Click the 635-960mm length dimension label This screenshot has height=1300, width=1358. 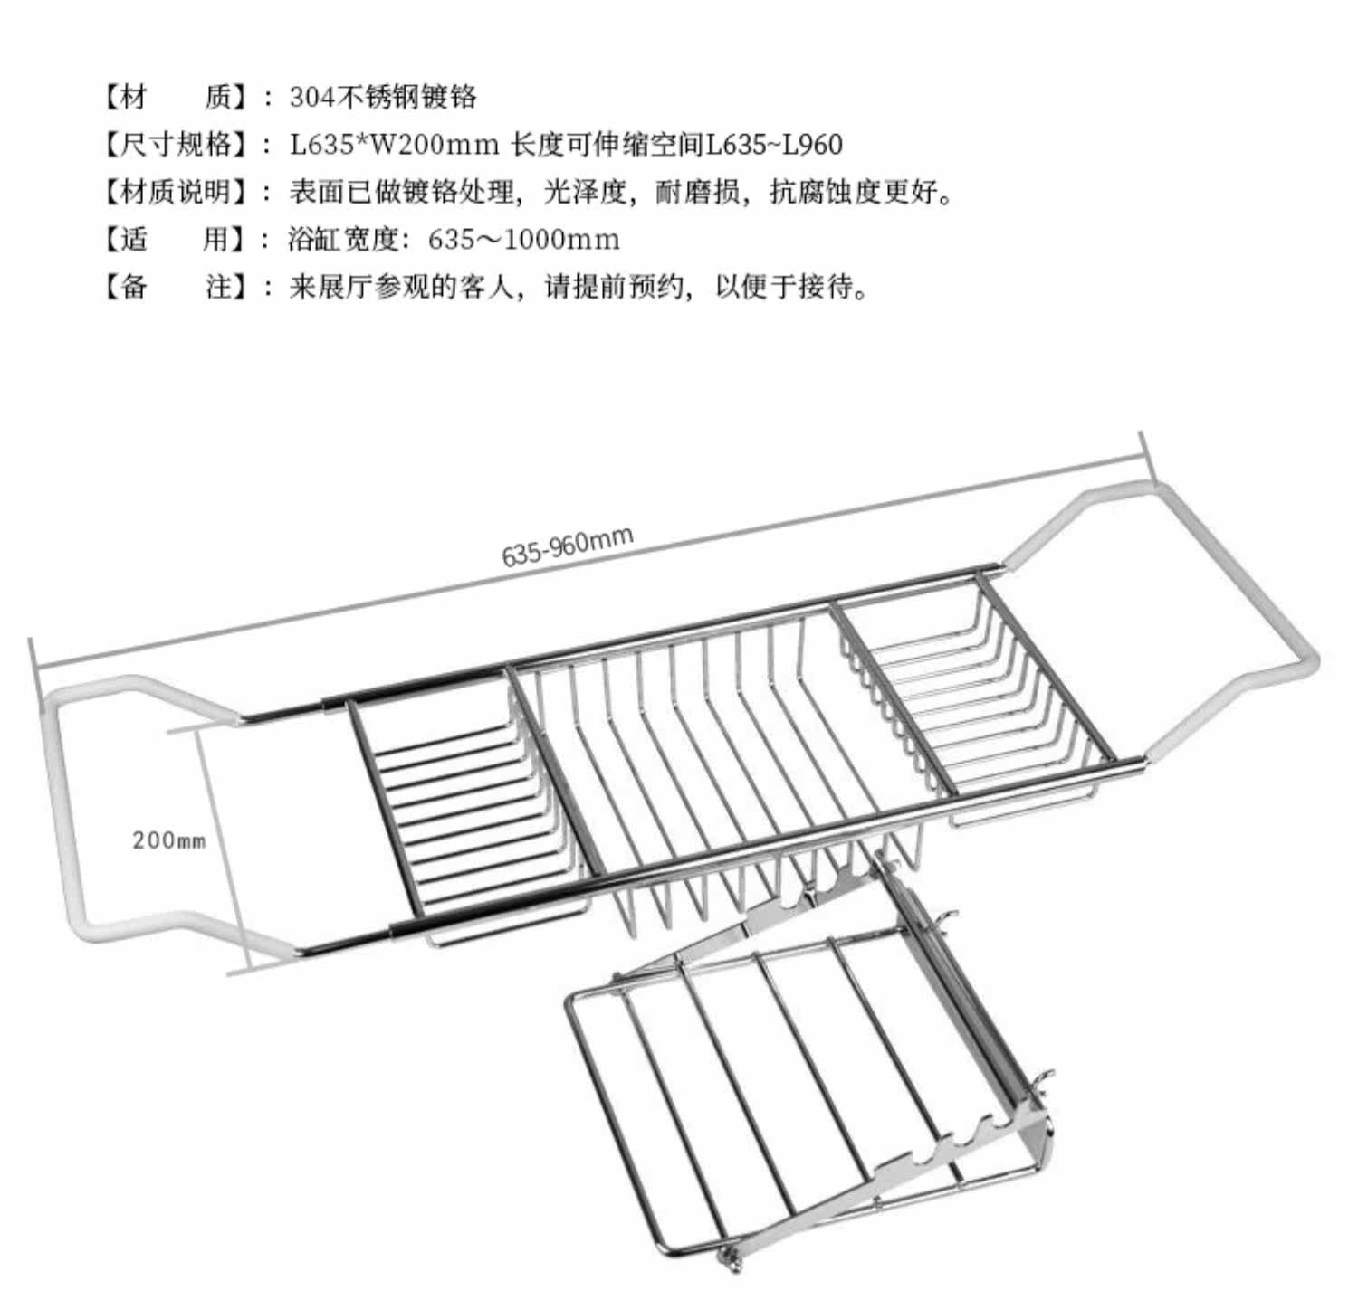(568, 546)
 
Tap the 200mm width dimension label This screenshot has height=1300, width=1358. (169, 840)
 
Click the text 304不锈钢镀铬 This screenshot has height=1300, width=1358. (383, 97)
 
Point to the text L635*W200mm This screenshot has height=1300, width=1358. (395, 144)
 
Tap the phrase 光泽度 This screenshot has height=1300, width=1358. (584, 192)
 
